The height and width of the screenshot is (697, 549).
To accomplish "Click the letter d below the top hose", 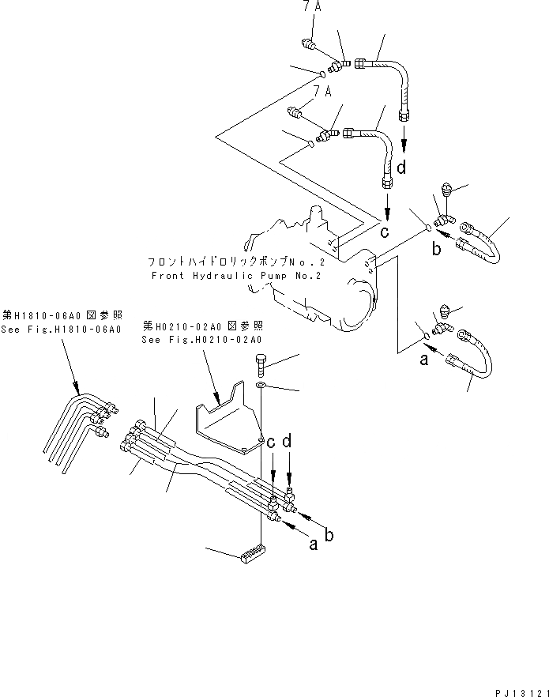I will click(x=404, y=168).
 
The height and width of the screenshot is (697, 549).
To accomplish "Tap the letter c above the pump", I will click(x=385, y=233).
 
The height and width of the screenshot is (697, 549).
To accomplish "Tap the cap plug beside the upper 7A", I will click(x=310, y=45).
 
